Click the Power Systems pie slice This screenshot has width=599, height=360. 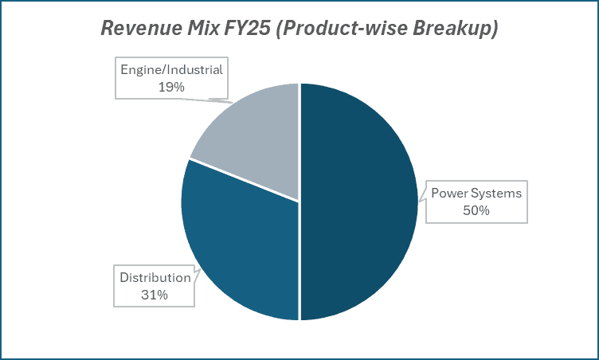point(358,199)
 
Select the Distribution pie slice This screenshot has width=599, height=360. point(239,239)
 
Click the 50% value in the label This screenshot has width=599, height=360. point(476,210)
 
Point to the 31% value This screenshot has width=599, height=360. point(155,295)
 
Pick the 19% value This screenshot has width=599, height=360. point(171,87)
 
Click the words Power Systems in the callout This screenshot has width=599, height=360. point(476,193)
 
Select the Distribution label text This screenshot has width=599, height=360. point(155,277)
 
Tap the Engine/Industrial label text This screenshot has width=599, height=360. point(171,69)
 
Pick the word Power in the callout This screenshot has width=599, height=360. point(448,193)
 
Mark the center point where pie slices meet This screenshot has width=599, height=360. point(299,202)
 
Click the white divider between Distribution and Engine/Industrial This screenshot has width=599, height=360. point(244,180)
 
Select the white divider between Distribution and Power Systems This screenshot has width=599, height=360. point(299,263)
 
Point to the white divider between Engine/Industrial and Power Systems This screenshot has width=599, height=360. point(299,143)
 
